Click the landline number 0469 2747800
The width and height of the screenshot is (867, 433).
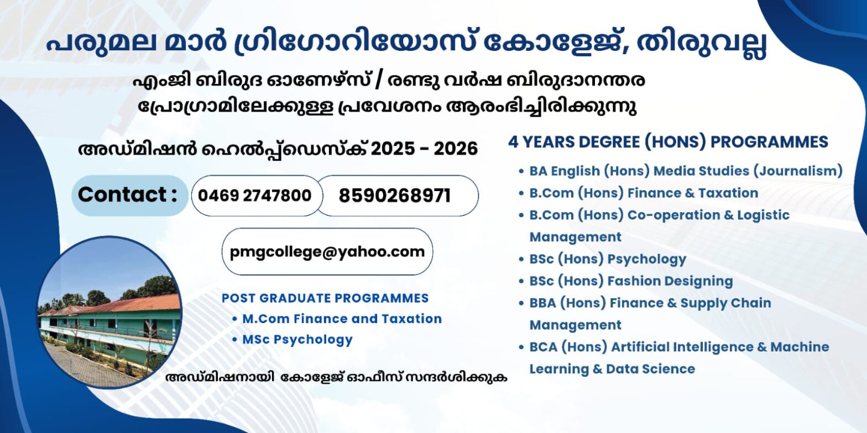point(255,196)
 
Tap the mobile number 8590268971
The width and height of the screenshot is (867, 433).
point(395,196)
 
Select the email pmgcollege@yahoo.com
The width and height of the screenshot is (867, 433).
point(327,252)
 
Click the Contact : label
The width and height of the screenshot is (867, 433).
point(128,194)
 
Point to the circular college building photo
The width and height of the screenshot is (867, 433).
point(109,311)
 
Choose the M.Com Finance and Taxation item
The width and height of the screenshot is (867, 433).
point(342,319)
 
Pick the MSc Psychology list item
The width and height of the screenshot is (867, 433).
point(297,340)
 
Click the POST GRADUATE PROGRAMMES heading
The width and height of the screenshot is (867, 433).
point(325,298)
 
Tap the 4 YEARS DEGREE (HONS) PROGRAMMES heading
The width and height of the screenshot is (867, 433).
point(668,142)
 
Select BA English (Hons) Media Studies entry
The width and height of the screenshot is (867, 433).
point(639,171)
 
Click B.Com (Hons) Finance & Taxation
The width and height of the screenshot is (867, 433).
point(644,193)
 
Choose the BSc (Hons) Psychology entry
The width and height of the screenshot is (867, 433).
point(608,259)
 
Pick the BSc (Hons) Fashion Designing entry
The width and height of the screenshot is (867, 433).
point(631,281)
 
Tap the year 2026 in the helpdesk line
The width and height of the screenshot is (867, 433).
point(456,149)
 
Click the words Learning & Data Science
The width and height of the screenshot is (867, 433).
point(612,369)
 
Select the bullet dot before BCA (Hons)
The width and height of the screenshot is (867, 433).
point(521,347)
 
